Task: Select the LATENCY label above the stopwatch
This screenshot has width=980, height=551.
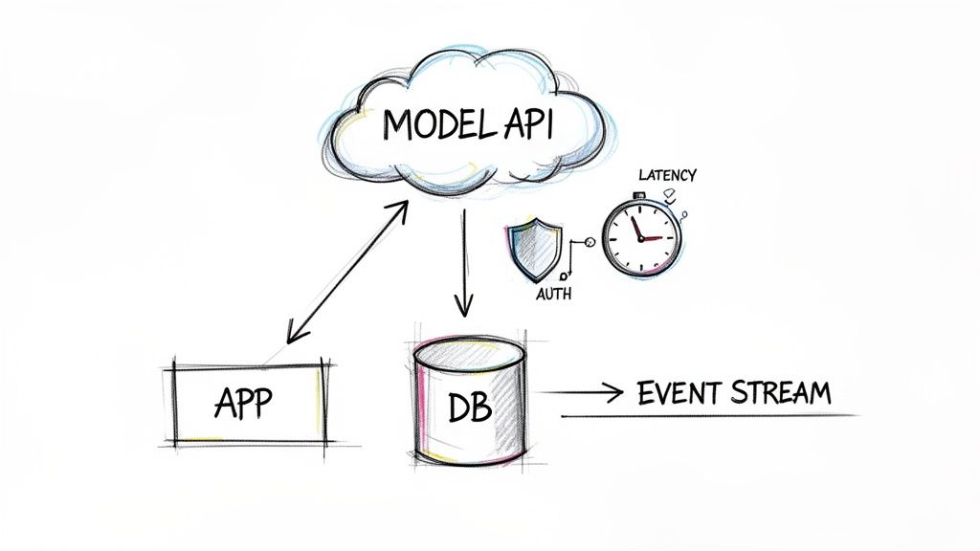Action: point(667,176)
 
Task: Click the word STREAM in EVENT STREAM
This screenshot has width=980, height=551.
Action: point(780,393)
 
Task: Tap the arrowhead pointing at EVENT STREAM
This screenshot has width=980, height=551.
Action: point(615,393)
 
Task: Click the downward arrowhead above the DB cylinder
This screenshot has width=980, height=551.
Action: point(464,308)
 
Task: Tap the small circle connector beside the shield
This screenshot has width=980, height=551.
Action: point(589,243)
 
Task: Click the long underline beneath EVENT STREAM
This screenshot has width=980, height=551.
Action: point(708,416)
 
